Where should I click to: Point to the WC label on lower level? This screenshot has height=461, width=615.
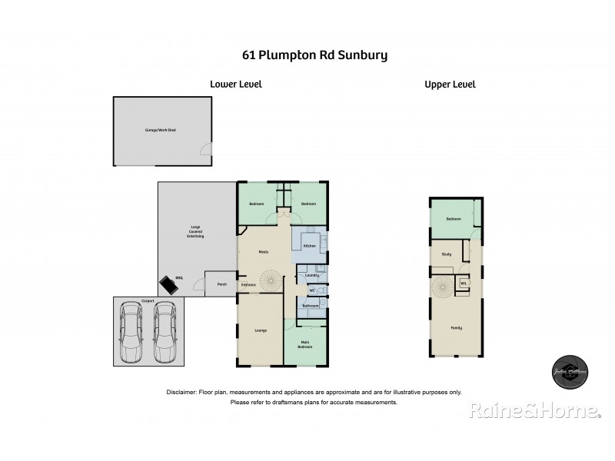(x=312, y=290)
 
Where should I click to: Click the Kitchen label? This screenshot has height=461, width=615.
(x=309, y=246)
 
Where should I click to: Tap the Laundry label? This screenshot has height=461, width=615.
(x=311, y=275)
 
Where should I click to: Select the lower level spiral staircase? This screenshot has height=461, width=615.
(x=271, y=280)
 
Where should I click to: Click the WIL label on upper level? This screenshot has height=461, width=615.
(x=463, y=284)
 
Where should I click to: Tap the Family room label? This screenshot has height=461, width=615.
(x=456, y=328)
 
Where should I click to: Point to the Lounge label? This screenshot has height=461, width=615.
(x=261, y=330)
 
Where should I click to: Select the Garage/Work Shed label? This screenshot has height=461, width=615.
(x=161, y=130)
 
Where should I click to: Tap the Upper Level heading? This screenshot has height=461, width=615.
(x=450, y=85)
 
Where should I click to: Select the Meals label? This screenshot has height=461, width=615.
(x=263, y=251)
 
